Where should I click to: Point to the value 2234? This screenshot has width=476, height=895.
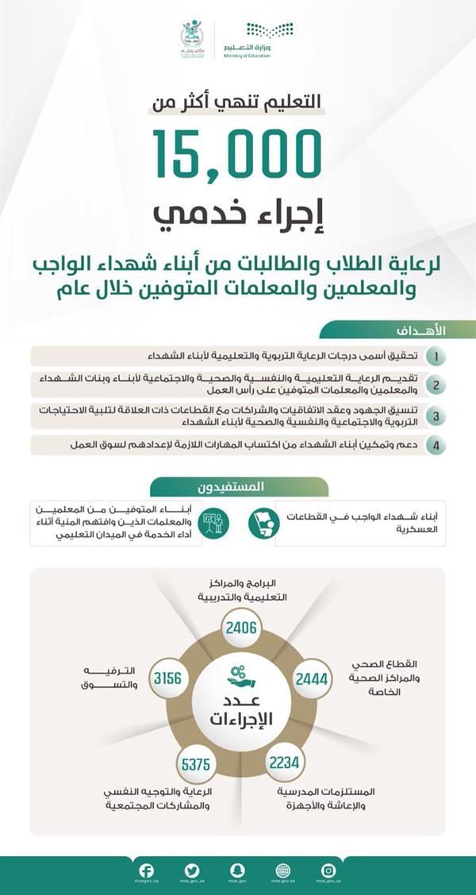pyautogui.click(x=284, y=763)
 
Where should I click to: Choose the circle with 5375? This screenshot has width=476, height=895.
pyautogui.click(x=195, y=765)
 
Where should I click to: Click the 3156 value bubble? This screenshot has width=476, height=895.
pyautogui.click(x=167, y=678)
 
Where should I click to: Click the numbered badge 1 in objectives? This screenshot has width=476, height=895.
pyautogui.click(x=435, y=355)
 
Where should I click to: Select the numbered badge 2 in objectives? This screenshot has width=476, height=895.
pyautogui.click(x=435, y=385)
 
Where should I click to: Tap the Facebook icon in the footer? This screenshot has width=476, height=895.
pyautogui.click(x=147, y=870)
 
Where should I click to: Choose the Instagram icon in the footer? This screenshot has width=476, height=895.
pyautogui.click(x=328, y=870)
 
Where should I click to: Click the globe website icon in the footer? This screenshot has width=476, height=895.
pyautogui.click(x=283, y=870)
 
